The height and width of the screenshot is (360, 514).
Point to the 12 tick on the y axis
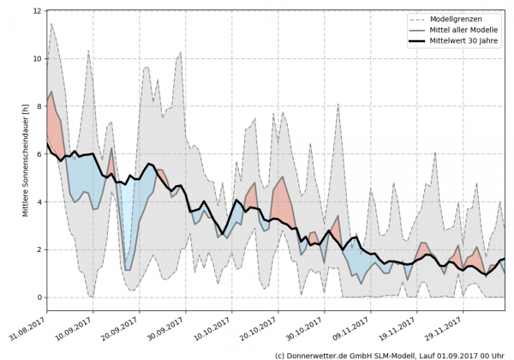[x=37, y=11]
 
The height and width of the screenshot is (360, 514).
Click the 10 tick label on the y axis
[x=37, y=59]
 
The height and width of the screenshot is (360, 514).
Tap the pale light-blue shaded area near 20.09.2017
[x=128, y=223]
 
